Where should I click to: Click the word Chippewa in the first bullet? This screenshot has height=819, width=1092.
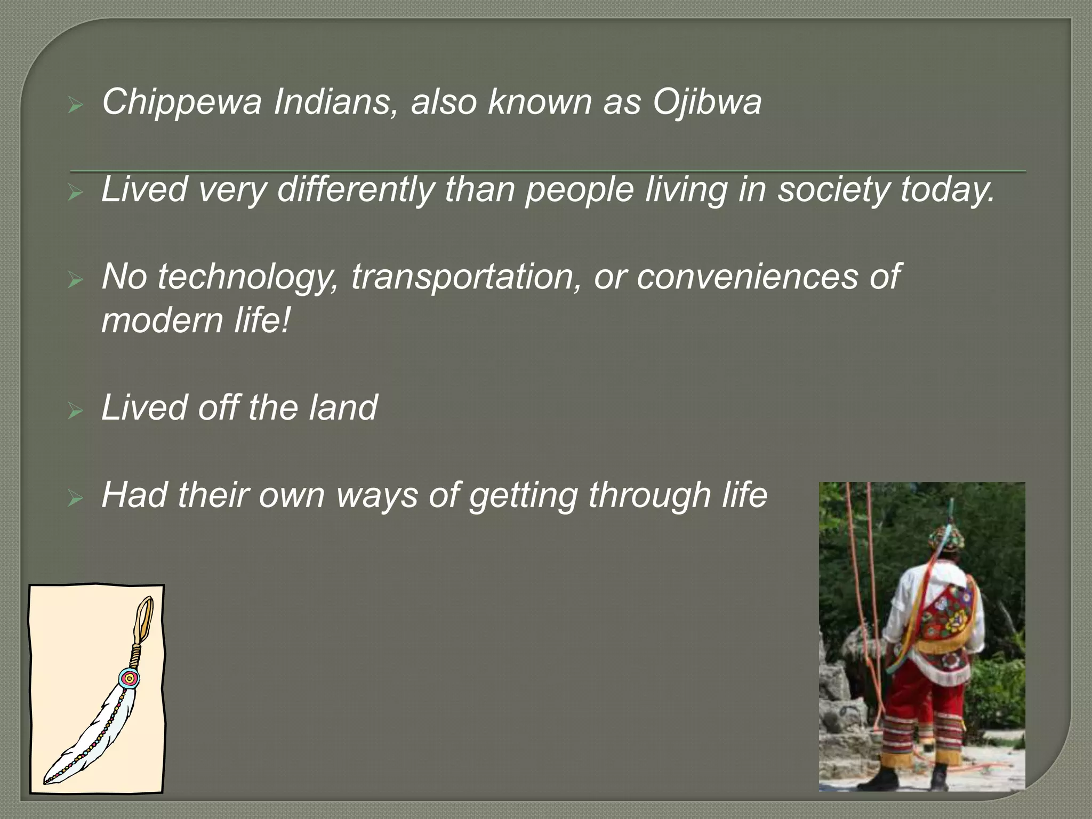point(181,102)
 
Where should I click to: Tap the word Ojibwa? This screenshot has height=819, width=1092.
point(707,102)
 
